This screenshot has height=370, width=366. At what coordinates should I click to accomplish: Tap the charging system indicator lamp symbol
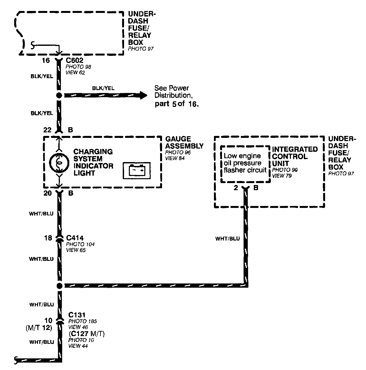59,163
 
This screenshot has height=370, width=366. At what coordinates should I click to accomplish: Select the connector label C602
75,60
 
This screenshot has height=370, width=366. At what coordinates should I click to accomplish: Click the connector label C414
75,238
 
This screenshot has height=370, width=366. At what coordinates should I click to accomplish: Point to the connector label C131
77,315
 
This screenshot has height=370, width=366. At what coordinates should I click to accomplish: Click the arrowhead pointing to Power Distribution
143,95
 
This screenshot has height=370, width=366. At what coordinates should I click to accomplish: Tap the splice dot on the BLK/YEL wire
59,95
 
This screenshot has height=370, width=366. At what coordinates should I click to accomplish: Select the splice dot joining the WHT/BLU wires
59,286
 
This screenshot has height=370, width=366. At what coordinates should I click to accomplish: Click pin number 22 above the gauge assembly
47,130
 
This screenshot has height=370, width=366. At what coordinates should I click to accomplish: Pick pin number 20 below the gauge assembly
47,193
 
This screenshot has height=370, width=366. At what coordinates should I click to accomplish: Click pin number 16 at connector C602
46,60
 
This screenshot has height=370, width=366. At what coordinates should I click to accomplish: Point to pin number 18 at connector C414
48,238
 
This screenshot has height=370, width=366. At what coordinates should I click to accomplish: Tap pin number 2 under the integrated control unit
236,188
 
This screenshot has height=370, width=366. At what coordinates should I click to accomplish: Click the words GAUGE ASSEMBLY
184,142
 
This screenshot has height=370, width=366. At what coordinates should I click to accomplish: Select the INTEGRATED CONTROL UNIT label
294,156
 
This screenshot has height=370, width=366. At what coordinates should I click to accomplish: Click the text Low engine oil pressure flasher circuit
245,163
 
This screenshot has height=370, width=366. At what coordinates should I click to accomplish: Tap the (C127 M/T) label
86,334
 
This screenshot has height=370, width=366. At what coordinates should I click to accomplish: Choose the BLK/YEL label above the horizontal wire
103,88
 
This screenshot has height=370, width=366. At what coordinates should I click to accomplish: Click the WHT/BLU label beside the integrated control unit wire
228,239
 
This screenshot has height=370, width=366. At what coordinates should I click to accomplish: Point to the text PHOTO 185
82,321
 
